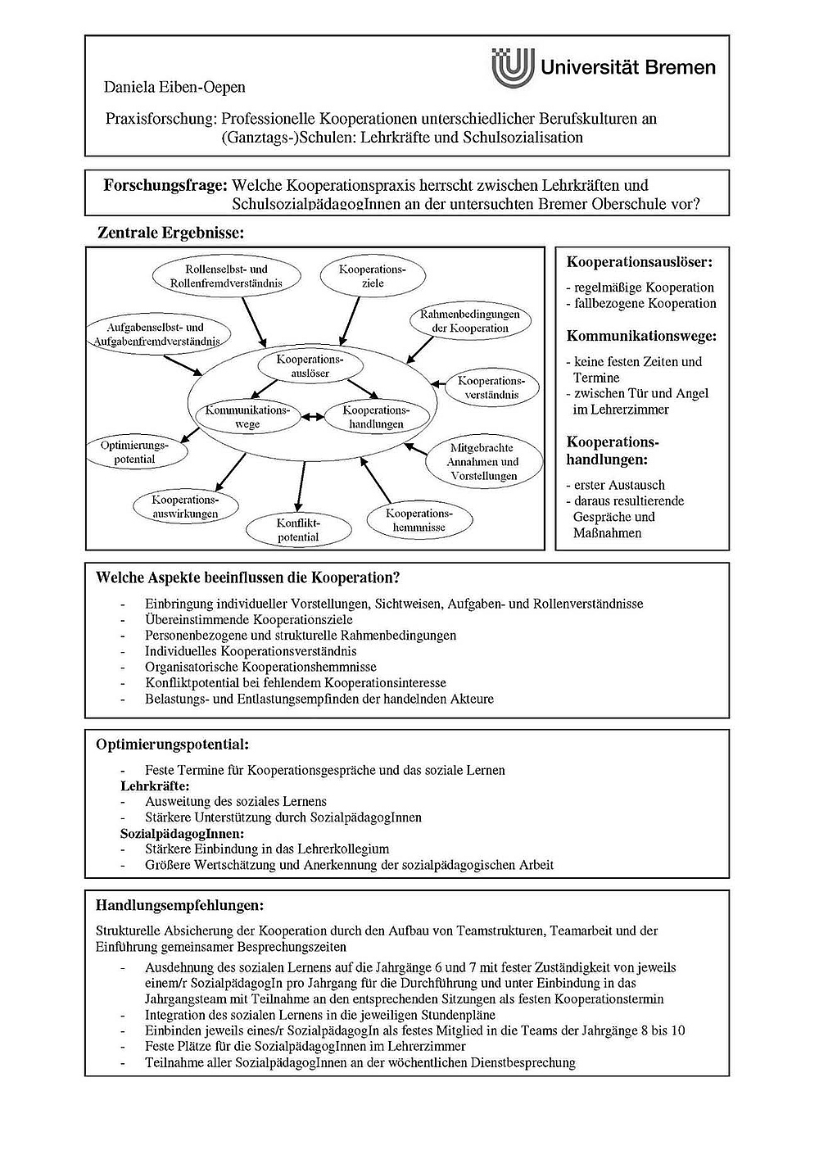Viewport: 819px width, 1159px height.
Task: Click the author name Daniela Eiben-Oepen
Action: coord(174,87)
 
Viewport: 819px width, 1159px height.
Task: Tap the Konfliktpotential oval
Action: coord(297,530)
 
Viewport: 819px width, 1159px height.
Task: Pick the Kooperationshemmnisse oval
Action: coord(419,520)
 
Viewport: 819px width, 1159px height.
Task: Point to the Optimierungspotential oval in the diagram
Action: coord(134,452)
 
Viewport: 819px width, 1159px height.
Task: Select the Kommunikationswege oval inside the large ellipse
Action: coord(247,417)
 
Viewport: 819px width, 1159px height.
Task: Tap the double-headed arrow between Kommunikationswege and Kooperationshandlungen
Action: coord(310,417)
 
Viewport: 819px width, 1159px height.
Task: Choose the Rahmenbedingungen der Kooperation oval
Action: coord(469,321)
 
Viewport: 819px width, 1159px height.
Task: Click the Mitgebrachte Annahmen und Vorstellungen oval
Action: coord(482,462)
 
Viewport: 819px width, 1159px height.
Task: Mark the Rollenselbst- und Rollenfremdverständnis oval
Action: coord(226,276)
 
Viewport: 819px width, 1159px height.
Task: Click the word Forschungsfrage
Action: coord(164,185)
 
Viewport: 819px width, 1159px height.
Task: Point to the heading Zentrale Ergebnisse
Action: coord(171,233)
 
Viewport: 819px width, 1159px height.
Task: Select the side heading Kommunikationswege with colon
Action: coord(641,336)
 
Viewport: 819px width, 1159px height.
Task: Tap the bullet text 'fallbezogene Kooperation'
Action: coord(645,303)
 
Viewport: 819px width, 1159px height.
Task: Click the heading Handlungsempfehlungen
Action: coord(179,906)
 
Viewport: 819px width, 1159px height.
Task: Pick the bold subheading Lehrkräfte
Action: coord(155,786)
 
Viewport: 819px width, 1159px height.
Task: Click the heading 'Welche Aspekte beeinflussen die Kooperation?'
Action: coord(247,577)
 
